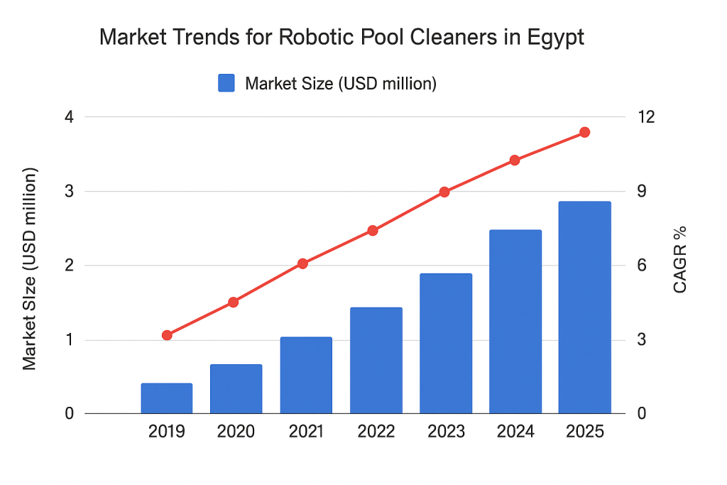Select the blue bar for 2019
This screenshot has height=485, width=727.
tap(167, 398)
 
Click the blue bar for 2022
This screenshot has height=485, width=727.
tap(376, 360)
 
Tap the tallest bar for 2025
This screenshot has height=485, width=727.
tap(584, 307)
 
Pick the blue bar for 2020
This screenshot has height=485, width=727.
tap(236, 388)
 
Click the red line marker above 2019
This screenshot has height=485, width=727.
tap(167, 335)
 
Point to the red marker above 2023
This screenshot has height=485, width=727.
tap(444, 192)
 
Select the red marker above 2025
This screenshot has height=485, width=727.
tap(584, 132)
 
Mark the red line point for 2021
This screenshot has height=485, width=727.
tap(302, 263)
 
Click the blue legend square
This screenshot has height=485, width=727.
tap(226, 83)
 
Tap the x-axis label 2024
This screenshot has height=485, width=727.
tap(515, 432)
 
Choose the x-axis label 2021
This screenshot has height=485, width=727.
tap(306, 432)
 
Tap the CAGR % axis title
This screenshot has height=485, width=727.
tap(679, 259)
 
